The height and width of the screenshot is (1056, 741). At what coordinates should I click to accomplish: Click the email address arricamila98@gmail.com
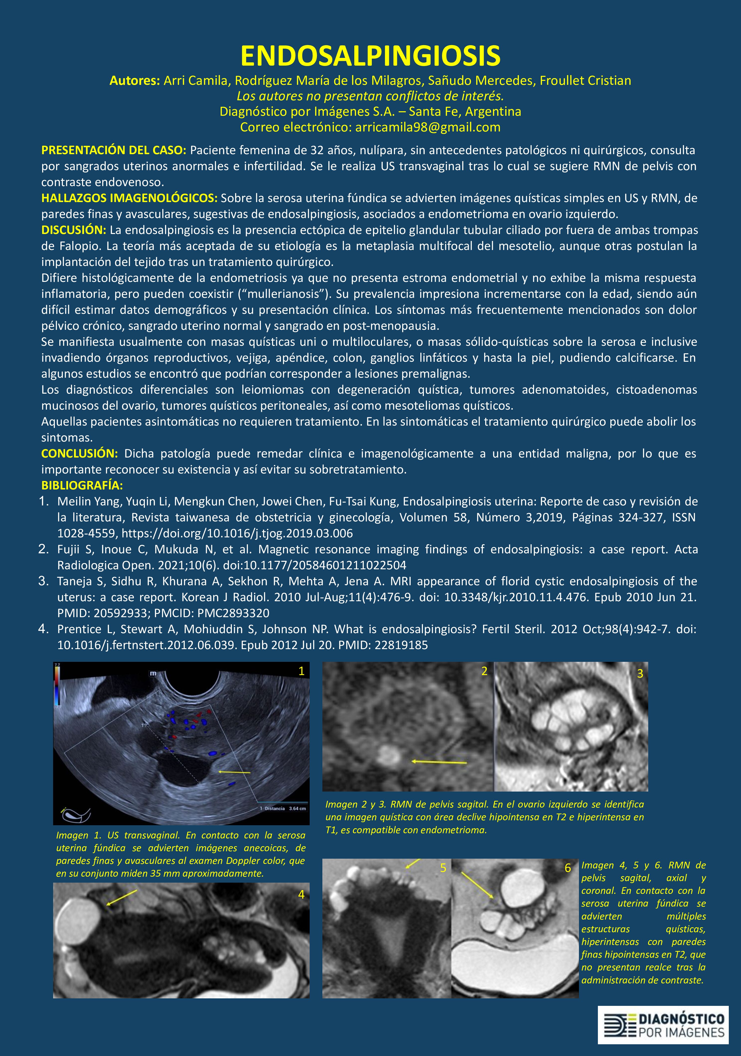tap(428, 127)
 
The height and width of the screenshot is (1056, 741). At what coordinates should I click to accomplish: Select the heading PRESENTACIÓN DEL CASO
tap(113, 150)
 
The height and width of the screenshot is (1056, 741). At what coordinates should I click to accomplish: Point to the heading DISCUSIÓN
tap(74, 230)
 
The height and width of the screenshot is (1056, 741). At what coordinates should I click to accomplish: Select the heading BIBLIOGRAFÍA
tap(82, 485)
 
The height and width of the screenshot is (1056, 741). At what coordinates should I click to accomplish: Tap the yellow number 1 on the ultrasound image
tap(301, 671)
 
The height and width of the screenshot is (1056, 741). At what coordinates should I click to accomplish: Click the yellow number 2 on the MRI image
tap(484, 671)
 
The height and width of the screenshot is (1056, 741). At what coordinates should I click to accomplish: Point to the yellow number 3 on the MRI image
tap(640, 674)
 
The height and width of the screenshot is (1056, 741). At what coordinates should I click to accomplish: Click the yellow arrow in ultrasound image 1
tap(234, 771)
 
